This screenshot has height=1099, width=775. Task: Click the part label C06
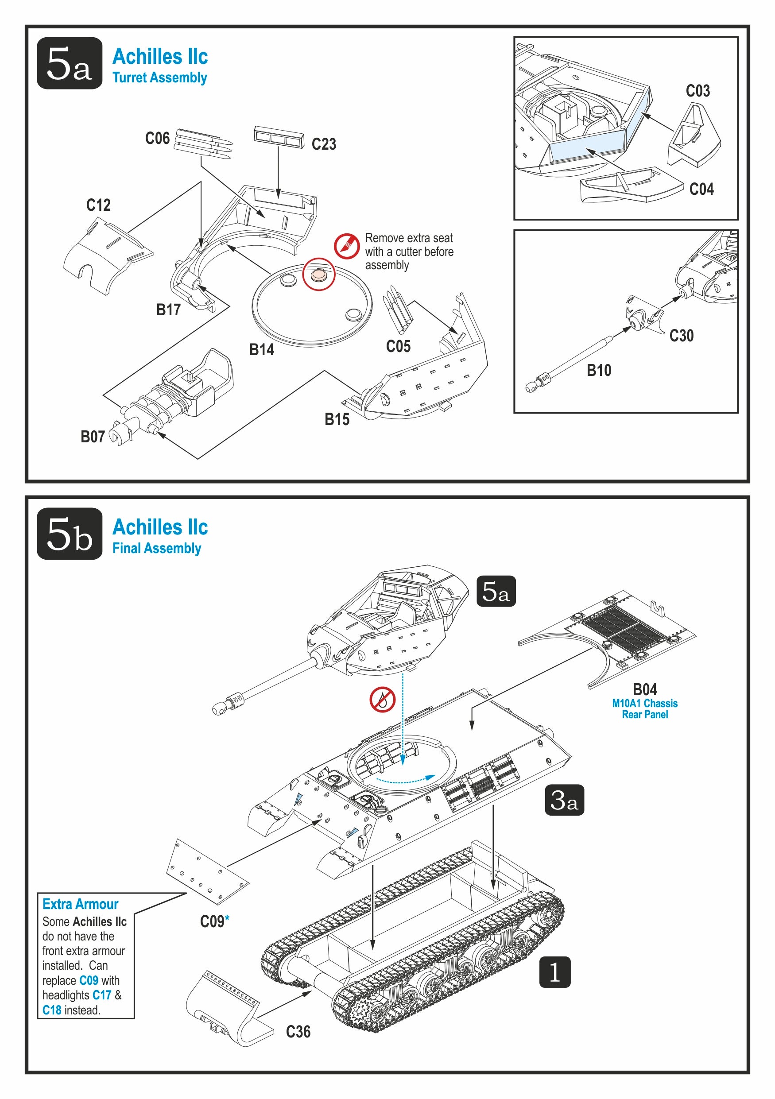click(x=158, y=138)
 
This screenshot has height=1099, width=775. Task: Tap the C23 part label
click(x=324, y=144)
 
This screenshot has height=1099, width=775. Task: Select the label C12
click(x=98, y=205)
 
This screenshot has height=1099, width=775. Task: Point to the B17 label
click(x=168, y=310)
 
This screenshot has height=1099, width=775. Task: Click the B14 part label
click(x=261, y=349)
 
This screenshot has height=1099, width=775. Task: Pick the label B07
click(x=93, y=437)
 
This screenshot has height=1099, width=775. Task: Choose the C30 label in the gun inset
click(x=681, y=336)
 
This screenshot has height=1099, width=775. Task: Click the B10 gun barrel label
click(x=599, y=370)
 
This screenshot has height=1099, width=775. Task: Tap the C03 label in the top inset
click(x=698, y=90)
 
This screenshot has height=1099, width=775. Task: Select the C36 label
click(x=298, y=1032)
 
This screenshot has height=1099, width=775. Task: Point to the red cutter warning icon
click(x=347, y=246)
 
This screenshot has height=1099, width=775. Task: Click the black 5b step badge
click(x=70, y=534)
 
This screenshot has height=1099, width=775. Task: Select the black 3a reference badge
click(x=564, y=800)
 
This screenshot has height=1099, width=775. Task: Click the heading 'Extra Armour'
click(x=81, y=904)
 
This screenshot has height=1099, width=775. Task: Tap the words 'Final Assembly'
click(x=156, y=548)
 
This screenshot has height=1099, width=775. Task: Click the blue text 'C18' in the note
click(x=52, y=1010)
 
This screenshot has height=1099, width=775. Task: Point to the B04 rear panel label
click(x=645, y=689)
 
